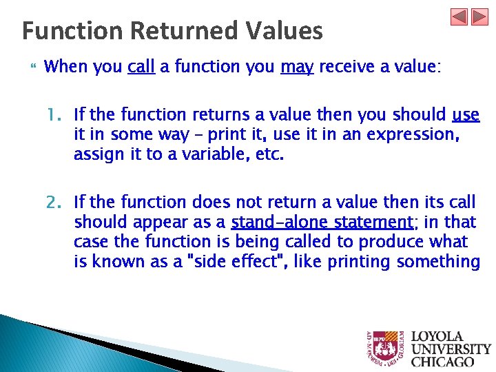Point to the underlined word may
(x=297, y=67)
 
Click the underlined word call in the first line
(x=141, y=67)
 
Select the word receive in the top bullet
(x=347, y=67)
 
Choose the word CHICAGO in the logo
(x=443, y=361)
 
